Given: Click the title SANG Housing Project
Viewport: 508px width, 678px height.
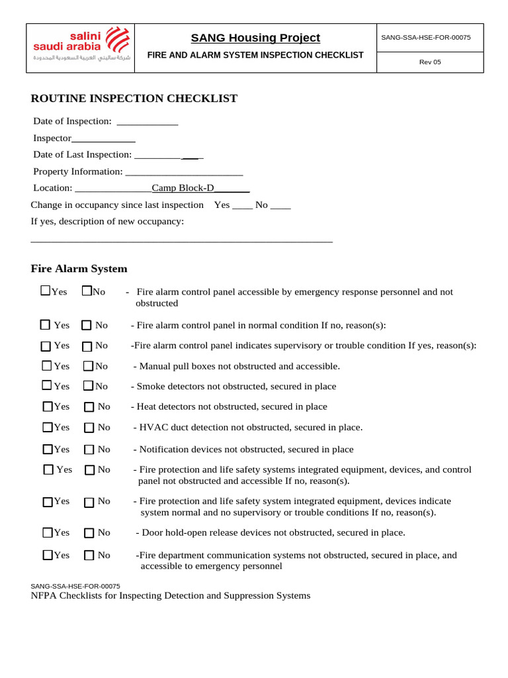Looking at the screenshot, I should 255,38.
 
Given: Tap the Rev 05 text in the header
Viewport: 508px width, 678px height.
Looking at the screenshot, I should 430,62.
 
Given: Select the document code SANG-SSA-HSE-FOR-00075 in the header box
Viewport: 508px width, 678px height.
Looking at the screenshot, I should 426,37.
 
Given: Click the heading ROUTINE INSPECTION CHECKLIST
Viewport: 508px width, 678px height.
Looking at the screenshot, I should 134,99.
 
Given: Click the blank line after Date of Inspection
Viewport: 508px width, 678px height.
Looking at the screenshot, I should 148,122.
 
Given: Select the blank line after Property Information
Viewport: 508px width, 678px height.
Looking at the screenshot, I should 184,172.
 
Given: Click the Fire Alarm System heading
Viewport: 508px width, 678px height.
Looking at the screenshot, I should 79,269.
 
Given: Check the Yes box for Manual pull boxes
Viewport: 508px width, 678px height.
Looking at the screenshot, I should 47,365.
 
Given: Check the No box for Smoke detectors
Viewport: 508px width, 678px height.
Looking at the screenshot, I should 88,385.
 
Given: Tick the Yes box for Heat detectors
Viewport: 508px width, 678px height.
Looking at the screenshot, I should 48,407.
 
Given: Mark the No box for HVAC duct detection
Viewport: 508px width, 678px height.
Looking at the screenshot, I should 89,428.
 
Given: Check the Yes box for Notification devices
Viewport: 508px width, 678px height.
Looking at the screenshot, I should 48,450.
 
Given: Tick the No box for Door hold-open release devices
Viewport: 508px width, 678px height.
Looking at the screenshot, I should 89,533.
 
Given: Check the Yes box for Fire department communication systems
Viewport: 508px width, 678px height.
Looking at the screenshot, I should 48,556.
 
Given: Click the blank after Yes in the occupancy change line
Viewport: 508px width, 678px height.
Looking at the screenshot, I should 242,206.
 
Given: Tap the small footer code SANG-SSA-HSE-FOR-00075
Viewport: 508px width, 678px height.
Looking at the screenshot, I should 75,586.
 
